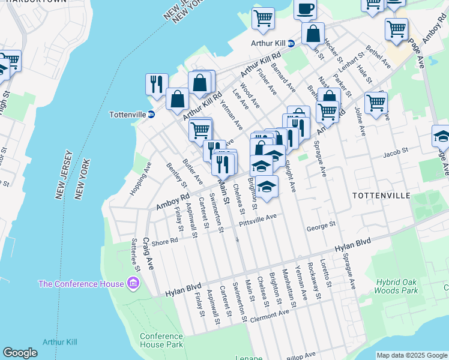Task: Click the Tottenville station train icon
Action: (x=152, y=115)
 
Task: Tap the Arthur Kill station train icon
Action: (x=291, y=43)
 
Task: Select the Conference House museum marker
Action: (x=133, y=283)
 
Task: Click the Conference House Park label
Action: (x=161, y=340)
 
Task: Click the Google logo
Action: (x=20, y=353)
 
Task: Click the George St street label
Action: (x=320, y=227)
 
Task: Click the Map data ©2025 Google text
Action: (x=412, y=355)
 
